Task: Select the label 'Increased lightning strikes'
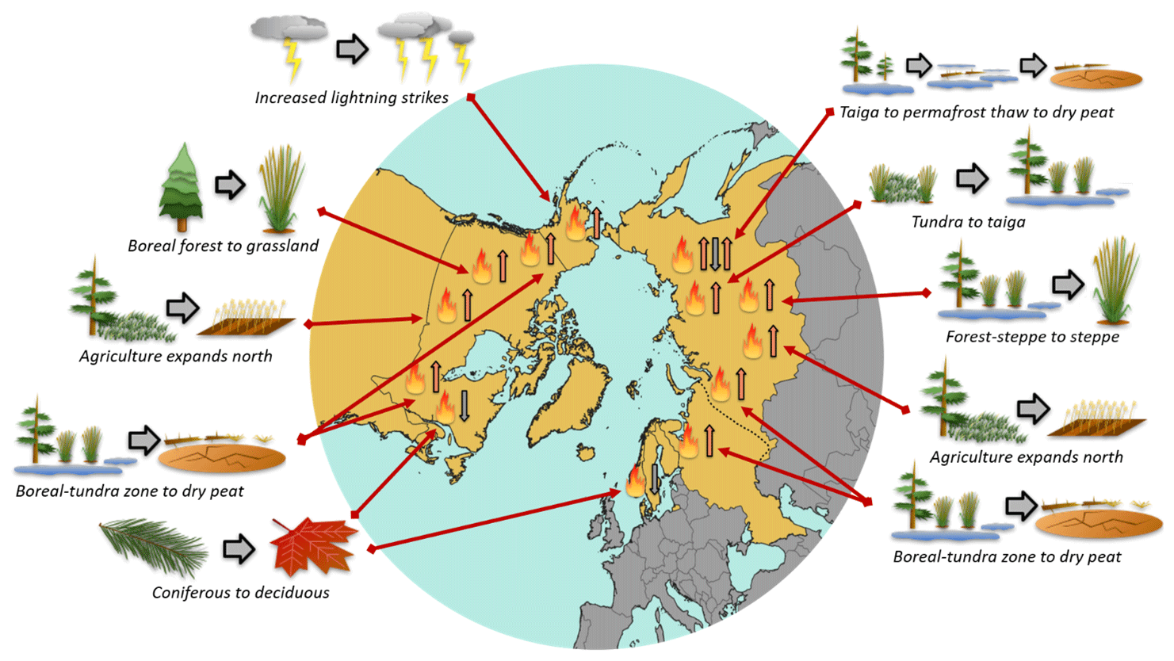pyautogui.click(x=351, y=97)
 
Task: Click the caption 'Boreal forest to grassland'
pyautogui.click(x=223, y=246)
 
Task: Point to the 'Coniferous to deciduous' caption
pyautogui.click(x=240, y=592)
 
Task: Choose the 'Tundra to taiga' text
pyautogui.click(x=968, y=222)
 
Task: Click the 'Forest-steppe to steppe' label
pyautogui.click(x=1032, y=336)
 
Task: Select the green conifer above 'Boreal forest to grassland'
pyautogui.click(x=182, y=189)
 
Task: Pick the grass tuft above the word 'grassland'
pyautogui.click(x=281, y=190)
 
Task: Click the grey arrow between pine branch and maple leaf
pyautogui.click(x=238, y=548)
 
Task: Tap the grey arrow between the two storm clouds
pyautogui.click(x=352, y=49)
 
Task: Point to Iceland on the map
pyautogui.click(x=586, y=453)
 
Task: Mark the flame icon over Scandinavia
pyautogui.click(x=635, y=482)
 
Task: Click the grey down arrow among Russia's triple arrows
pyautogui.click(x=715, y=254)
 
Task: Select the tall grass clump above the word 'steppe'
pyautogui.click(x=1115, y=281)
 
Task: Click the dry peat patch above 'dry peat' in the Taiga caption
pyautogui.click(x=1096, y=78)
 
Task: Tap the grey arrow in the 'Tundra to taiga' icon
pyautogui.click(x=971, y=178)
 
